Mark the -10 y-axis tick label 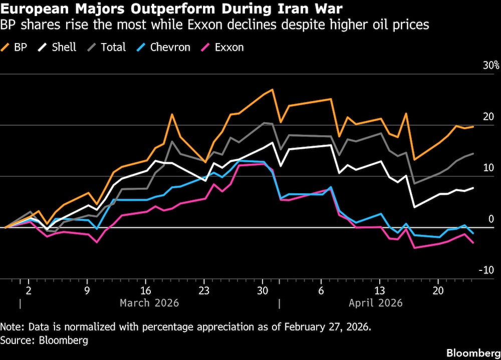486,270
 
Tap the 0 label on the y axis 491,219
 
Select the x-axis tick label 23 203,291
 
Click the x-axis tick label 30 262,291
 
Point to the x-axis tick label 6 321,291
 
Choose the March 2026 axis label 149,303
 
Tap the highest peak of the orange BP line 272,90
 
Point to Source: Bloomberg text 44,340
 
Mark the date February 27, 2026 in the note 328,327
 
